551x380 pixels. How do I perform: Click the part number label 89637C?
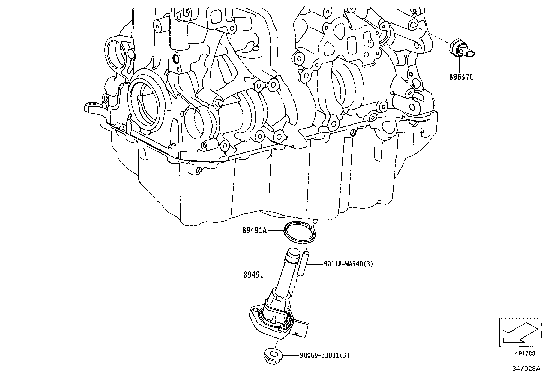(x=461, y=77)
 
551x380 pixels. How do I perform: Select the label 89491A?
(x=254, y=230)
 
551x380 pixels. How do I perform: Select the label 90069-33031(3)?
(x=325, y=355)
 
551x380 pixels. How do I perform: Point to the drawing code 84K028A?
(x=526, y=369)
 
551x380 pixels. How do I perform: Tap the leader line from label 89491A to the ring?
(x=275, y=230)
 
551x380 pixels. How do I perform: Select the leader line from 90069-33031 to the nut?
(x=290, y=355)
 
